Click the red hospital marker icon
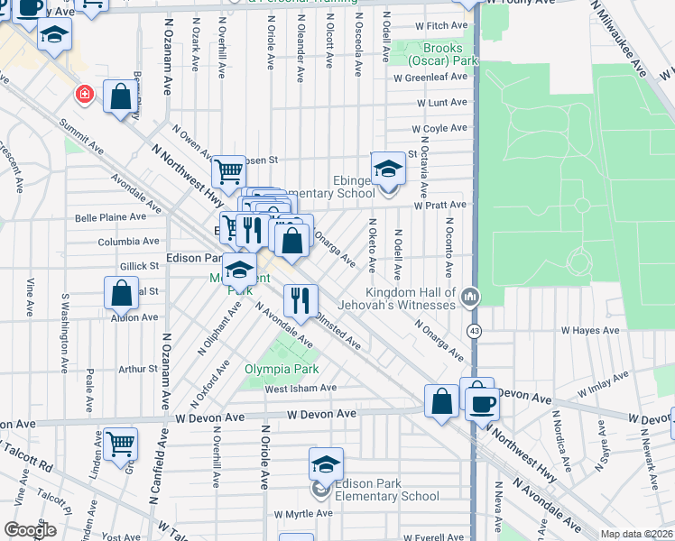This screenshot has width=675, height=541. point(84,94)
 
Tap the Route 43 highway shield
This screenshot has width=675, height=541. point(473,332)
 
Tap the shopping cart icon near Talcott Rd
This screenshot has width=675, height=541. point(120,443)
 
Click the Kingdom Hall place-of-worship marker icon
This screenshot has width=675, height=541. point(469,297)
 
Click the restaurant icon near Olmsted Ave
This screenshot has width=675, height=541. point(301,298)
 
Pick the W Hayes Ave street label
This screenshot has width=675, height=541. point(591,331)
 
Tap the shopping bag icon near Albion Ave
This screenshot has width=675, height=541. point(121,292)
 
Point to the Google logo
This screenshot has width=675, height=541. point(30,530)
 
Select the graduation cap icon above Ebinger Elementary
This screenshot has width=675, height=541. point(388,168)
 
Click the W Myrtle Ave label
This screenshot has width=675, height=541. point(304,513)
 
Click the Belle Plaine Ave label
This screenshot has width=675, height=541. point(110,217)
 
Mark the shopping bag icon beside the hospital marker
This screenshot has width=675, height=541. point(120,96)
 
